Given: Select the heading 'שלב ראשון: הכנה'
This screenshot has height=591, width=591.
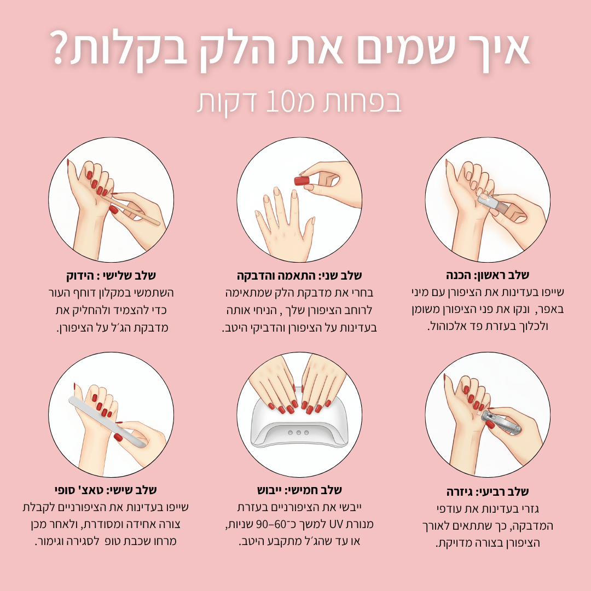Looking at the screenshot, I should pos(487,275).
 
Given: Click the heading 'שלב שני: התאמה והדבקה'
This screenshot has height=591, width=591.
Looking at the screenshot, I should pos(299,275).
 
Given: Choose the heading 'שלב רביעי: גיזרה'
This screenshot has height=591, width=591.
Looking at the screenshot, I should pos(487,491).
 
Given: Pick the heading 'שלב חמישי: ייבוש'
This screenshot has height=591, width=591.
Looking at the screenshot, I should pos(299,489).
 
